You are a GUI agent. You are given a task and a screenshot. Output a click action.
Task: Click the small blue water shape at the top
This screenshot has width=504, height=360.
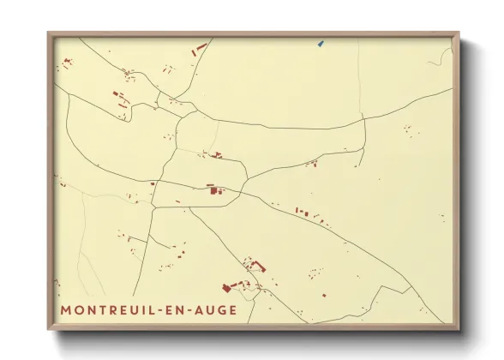(320, 43)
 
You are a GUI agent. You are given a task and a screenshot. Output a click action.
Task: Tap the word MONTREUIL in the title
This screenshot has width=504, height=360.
(111, 309)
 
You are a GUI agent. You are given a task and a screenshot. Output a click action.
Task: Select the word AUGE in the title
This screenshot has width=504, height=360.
(216, 309)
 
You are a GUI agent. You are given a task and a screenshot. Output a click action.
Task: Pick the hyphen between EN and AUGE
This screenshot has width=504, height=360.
(195, 309)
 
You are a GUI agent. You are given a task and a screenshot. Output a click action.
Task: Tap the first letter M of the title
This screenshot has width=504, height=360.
(67, 309)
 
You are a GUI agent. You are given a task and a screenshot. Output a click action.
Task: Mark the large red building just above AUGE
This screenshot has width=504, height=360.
(229, 288)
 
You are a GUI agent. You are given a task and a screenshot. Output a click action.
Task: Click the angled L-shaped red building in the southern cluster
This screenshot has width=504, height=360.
(258, 267)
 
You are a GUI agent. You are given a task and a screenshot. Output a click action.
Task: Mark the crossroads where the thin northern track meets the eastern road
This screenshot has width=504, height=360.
(364, 116)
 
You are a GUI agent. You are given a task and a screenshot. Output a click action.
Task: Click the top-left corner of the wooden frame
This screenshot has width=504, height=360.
(48, 33)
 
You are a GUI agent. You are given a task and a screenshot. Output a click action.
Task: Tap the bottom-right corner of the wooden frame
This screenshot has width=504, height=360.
(459, 331)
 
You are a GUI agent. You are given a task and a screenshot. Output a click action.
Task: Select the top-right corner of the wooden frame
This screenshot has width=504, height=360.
(459, 33)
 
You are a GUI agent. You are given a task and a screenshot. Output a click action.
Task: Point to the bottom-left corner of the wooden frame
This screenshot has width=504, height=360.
(48, 331)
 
